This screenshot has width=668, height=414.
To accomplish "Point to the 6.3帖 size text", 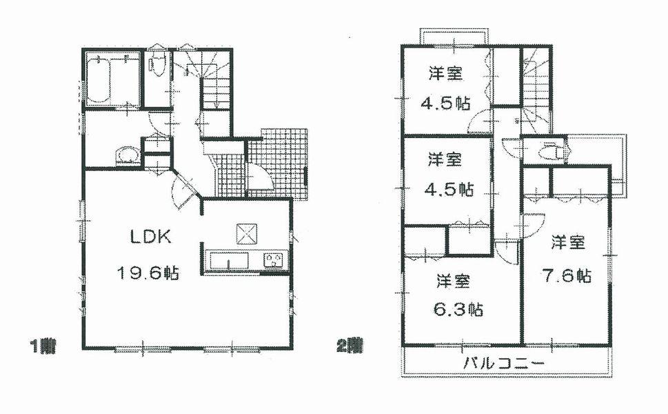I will (458, 310).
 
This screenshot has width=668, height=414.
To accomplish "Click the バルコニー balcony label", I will (504, 364).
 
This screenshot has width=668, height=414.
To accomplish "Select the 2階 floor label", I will (350, 344).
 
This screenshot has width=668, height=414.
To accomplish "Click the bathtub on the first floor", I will (101, 81).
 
